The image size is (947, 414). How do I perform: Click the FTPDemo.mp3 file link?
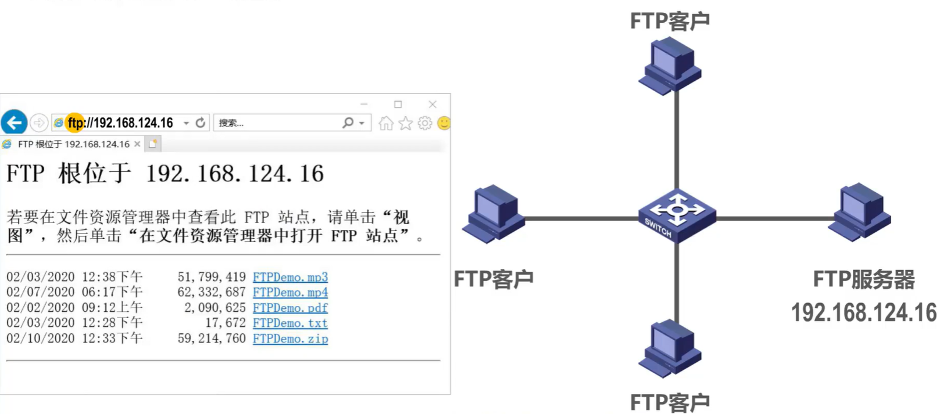coord(290,277)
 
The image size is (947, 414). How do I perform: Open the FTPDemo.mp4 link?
coord(290,292)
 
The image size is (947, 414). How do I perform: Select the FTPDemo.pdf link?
coord(290,308)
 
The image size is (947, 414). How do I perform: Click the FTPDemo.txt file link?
coord(290,323)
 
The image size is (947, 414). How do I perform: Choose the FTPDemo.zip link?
coord(290,339)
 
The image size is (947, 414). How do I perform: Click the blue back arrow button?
coord(14,123)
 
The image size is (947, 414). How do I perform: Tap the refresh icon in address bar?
coord(201,123)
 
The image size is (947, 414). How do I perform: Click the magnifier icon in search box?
coord(348,123)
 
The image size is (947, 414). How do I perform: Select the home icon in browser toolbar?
coord(385,123)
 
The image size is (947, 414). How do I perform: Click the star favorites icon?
coord(405,123)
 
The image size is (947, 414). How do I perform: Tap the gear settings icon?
coord(425,123)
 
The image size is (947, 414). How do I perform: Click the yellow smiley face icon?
coord(444,123)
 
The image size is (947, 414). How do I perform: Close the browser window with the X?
coord(433,105)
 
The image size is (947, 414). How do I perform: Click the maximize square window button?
coord(398,105)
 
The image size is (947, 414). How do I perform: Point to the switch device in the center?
coord(677,215)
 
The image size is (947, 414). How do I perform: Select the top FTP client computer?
coord(670,65)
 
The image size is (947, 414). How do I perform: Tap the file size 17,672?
coord(225,323)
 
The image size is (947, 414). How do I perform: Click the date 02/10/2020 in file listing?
coord(40,339)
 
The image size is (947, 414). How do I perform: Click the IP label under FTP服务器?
coord(863,313)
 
